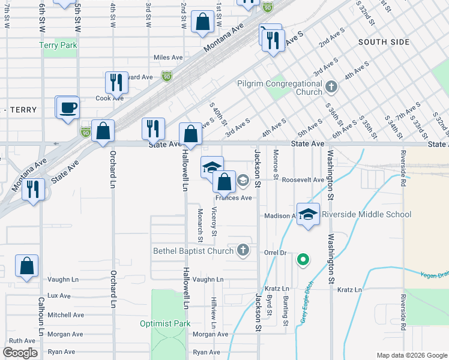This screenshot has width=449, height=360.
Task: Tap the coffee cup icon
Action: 67,108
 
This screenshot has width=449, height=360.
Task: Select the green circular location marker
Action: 304,260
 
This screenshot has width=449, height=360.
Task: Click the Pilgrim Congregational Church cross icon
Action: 330,88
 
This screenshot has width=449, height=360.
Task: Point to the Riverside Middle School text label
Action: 366,214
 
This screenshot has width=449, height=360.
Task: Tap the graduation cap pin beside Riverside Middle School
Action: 308,214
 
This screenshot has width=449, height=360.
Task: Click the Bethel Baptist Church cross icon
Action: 243,250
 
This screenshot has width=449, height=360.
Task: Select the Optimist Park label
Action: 164,323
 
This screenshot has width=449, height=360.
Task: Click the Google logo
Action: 20,352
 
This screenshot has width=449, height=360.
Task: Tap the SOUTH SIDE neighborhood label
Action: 384,42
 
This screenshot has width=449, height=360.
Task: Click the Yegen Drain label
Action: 435,275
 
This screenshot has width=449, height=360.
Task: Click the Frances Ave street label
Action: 234,197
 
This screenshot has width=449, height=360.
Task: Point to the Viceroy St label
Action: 214,221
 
